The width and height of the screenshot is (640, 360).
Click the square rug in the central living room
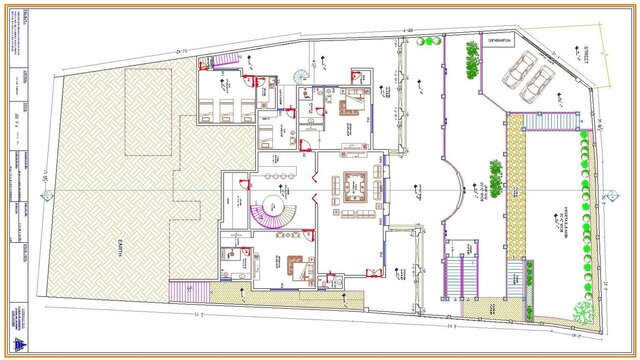pyautogui.click(x=352, y=184)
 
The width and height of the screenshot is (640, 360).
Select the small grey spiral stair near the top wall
pyautogui.click(x=301, y=74)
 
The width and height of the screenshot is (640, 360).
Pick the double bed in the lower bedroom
pyautogui.click(x=296, y=267)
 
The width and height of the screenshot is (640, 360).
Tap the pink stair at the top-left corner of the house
pyautogui.click(x=222, y=62)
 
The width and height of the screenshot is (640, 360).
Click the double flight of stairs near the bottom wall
pyautogui.click(x=463, y=270)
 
